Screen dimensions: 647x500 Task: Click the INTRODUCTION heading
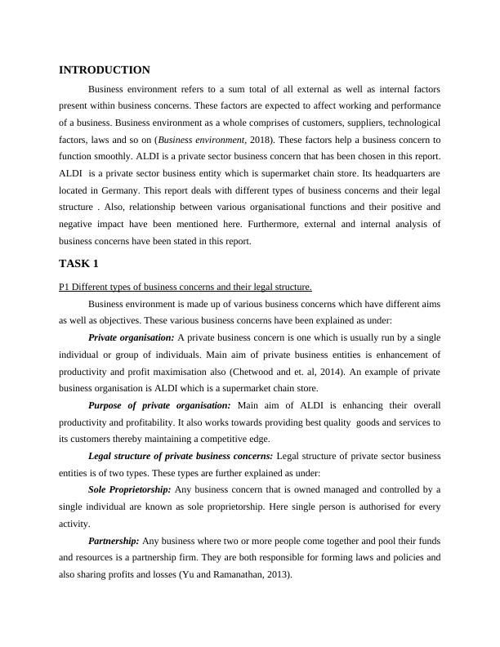pos(105,70)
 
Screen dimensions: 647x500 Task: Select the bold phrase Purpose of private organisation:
pos(159,405)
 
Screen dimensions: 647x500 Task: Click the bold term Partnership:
pos(114,541)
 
